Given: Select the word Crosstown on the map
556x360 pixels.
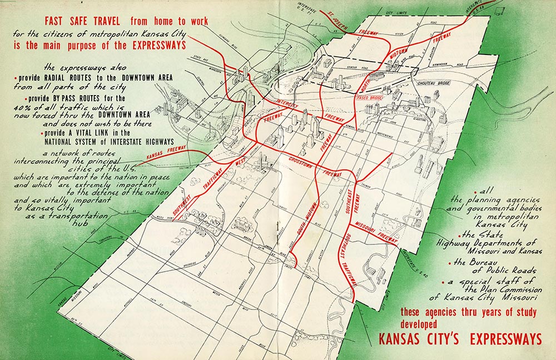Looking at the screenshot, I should point(301,162).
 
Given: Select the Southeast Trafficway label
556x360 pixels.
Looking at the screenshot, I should point(344,261).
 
